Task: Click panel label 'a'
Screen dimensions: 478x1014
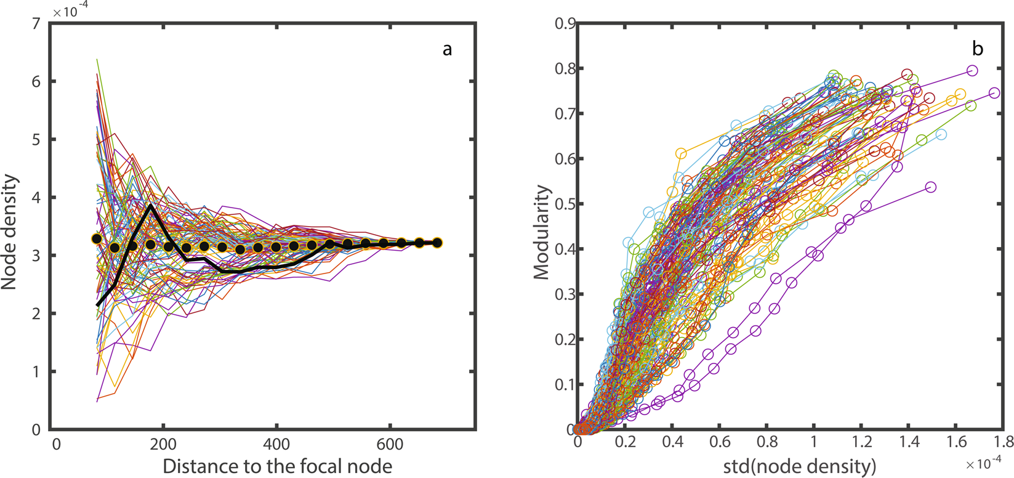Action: point(448,49)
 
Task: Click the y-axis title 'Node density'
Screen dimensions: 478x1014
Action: point(10,232)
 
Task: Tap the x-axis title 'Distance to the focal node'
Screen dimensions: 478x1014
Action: point(277,466)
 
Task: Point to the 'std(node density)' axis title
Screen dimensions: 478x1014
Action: point(799,466)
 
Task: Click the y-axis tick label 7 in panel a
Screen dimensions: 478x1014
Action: point(36,24)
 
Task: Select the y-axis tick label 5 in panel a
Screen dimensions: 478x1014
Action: point(36,140)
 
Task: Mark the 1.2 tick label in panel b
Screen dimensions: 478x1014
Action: point(861,442)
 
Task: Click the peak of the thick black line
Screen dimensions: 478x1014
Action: point(150,205)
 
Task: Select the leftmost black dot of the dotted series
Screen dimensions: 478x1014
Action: point(97,239)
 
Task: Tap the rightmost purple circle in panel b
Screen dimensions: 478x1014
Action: point(994,93)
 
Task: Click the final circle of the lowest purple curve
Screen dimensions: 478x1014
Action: point(930,187)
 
